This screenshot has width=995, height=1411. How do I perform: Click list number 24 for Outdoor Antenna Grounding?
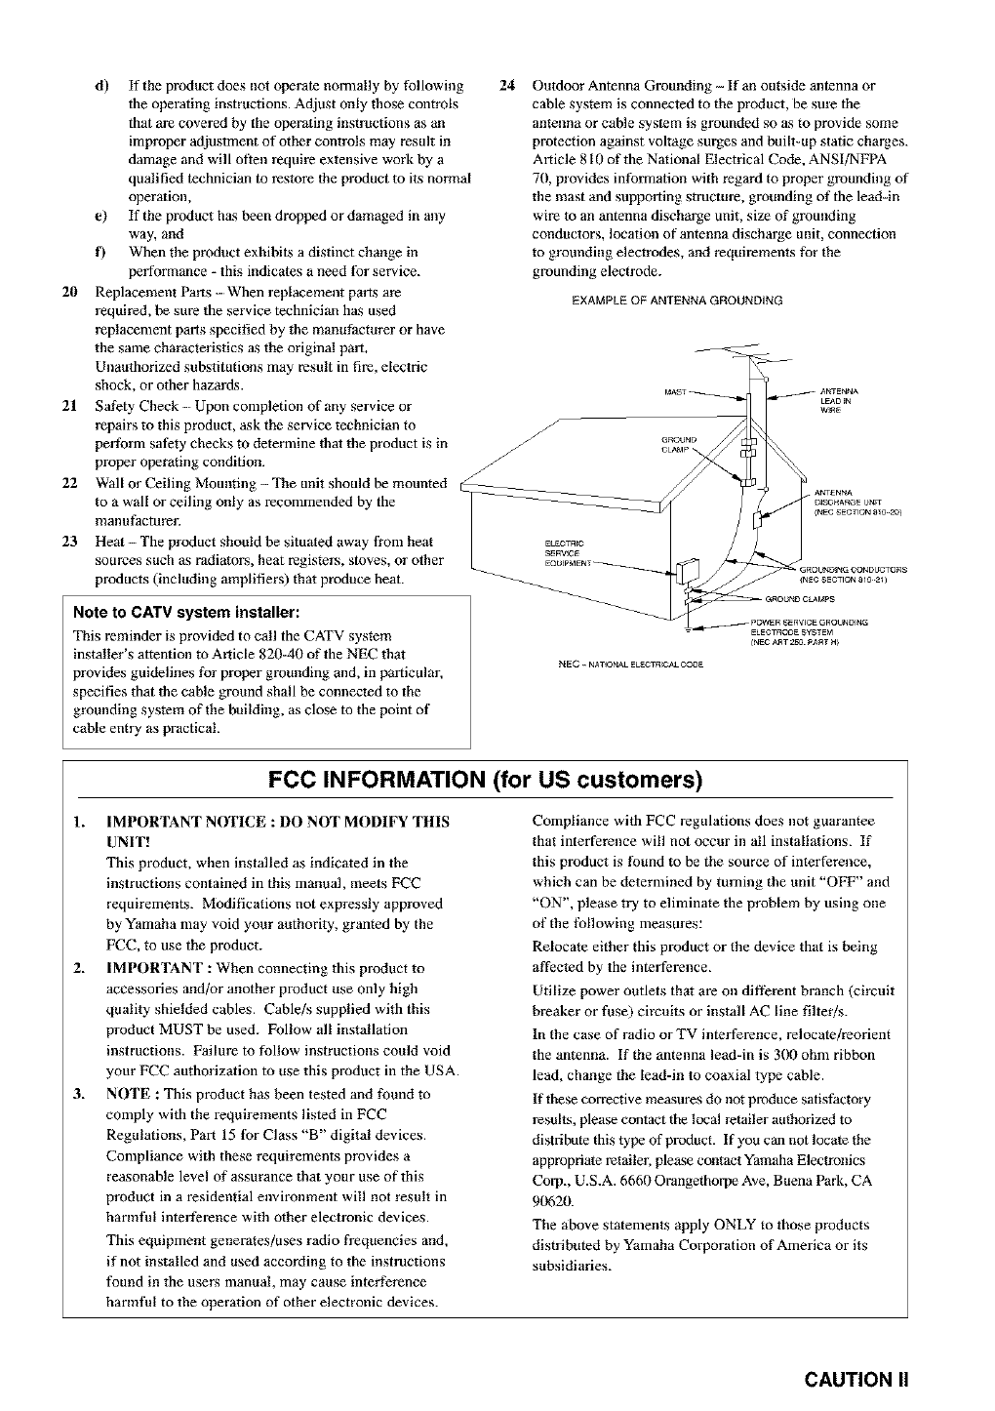[x=505, y=84]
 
